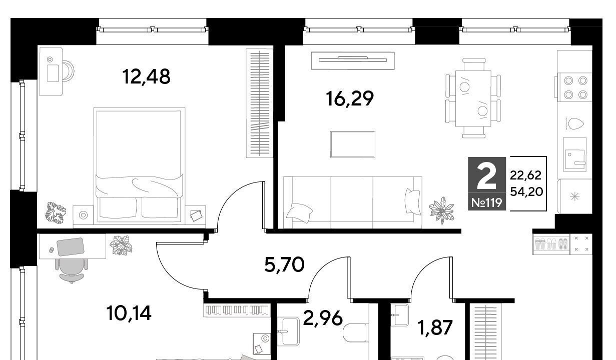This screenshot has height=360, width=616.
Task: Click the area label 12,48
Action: (146, 76)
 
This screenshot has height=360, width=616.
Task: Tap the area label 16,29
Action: (350, 98)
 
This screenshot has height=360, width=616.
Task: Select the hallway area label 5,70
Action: (284, 264)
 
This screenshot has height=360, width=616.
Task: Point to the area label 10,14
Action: (129, 313)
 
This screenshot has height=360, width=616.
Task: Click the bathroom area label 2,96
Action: (323, 318)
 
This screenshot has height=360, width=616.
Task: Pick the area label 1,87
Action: (435, 327)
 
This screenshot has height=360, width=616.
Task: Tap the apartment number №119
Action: (486, 203)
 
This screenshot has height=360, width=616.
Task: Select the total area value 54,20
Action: (526, 191)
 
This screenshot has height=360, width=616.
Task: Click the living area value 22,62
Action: (525, 175)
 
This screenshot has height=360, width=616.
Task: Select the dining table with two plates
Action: (473, 98)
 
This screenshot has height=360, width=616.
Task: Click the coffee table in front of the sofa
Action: (353, 144)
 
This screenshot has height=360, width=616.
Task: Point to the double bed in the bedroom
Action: (139, 165)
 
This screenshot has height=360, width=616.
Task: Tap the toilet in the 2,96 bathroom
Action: (356, 333)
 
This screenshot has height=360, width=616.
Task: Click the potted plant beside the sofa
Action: (442, 210)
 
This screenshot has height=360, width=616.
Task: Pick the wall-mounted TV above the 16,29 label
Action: (353, 60)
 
